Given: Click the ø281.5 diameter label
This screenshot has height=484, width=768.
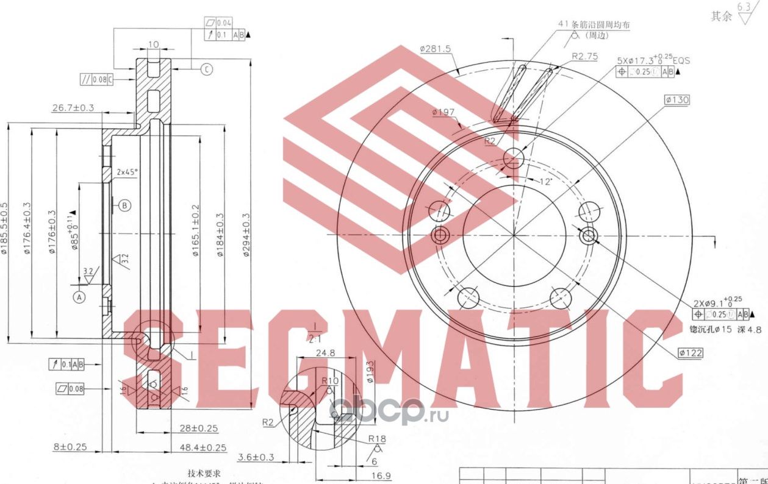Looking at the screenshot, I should [x=436, y=49].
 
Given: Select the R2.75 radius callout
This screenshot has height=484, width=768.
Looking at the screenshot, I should [x=584, y=56].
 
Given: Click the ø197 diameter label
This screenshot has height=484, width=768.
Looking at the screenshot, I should [x=444, y=112].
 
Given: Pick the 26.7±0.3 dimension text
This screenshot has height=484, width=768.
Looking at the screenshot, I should [x=73, y=108].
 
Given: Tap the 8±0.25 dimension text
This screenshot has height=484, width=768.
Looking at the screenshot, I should [x=70, y=447].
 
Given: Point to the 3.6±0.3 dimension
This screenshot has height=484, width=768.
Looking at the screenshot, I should [x=256, y=457].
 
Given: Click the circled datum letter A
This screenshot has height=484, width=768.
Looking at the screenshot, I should [x=78, y=297].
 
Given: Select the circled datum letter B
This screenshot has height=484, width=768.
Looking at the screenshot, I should [x=124, y=205].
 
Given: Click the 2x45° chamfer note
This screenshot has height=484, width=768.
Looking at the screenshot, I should [x=127, y=173].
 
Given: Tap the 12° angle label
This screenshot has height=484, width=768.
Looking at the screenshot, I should [x=546, y=181].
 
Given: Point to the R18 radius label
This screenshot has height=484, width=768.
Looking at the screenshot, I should [x=376, y=438].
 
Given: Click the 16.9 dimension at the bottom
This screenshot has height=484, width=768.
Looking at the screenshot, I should [x=381, y=475].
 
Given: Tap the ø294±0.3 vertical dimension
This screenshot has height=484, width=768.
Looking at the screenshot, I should [x=246, y=234].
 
